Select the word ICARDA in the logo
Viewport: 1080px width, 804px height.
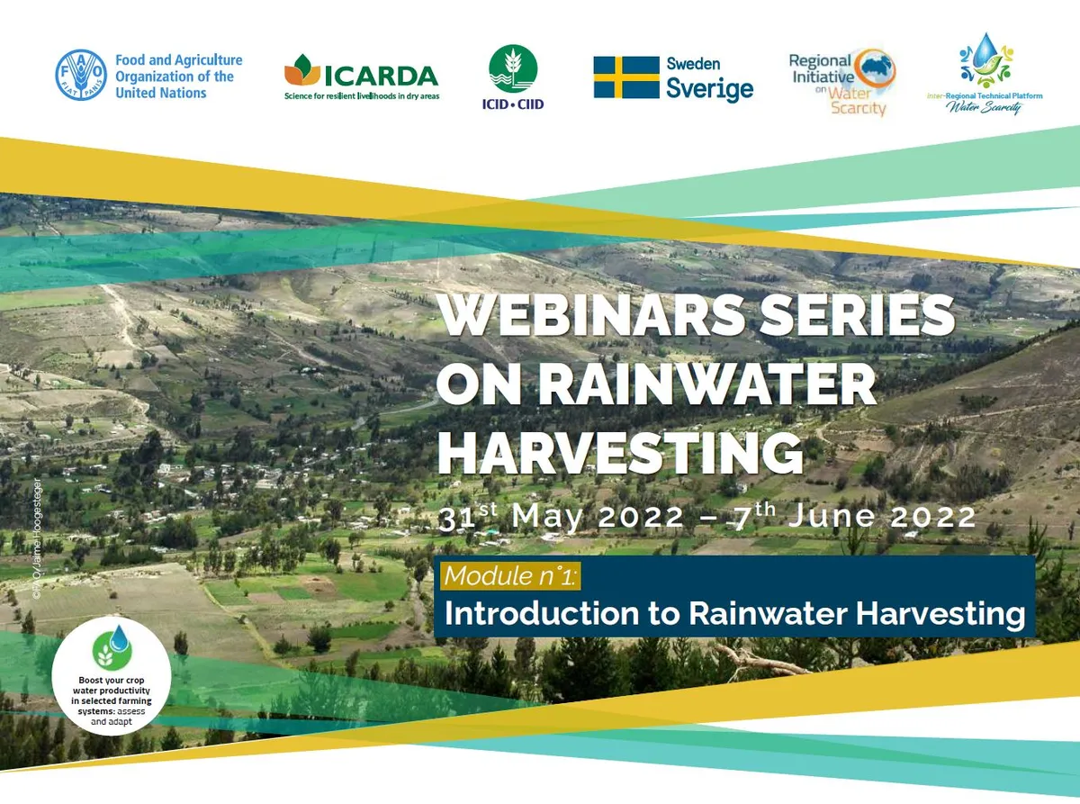click(381, 75)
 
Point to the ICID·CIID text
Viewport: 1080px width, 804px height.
click(513, 104)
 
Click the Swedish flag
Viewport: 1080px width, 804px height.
click(626, 77)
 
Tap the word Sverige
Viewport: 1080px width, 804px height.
click(709, 89)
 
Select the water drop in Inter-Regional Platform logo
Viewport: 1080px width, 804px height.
click(987, 47)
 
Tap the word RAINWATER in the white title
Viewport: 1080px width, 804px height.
click(706, 385)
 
